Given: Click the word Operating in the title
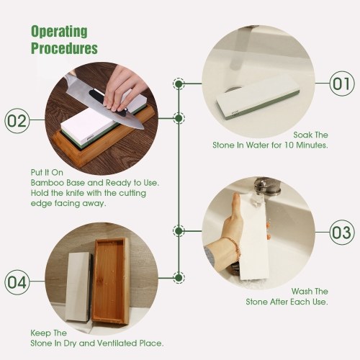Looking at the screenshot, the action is (59, 32).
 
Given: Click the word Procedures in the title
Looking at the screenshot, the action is (64, 48).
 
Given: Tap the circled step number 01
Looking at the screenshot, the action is (342, 84).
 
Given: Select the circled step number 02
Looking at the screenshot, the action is (17, 120).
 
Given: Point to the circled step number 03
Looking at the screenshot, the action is (342, 233).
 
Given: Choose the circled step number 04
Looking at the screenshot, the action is (17, 282).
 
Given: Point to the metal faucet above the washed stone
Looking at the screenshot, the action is (266, 186).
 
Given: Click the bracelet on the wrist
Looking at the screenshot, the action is (233, 247).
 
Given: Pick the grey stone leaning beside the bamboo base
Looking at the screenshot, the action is (78, 287).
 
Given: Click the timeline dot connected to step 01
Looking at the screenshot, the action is (179, 84).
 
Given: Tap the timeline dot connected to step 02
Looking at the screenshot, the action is (179, 118).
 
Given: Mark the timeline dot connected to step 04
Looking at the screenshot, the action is (179, 278).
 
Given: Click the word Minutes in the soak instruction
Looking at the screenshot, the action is (312, 145).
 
